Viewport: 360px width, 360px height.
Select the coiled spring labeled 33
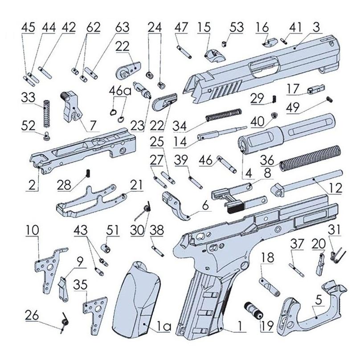(x=46, y=115)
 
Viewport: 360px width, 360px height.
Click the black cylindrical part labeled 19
(x=252, y=310)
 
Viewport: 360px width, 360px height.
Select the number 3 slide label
(x=316, y=28)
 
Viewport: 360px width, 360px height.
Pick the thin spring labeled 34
(x=223, y=115)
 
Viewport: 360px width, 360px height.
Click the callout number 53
(x=237, y=28)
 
